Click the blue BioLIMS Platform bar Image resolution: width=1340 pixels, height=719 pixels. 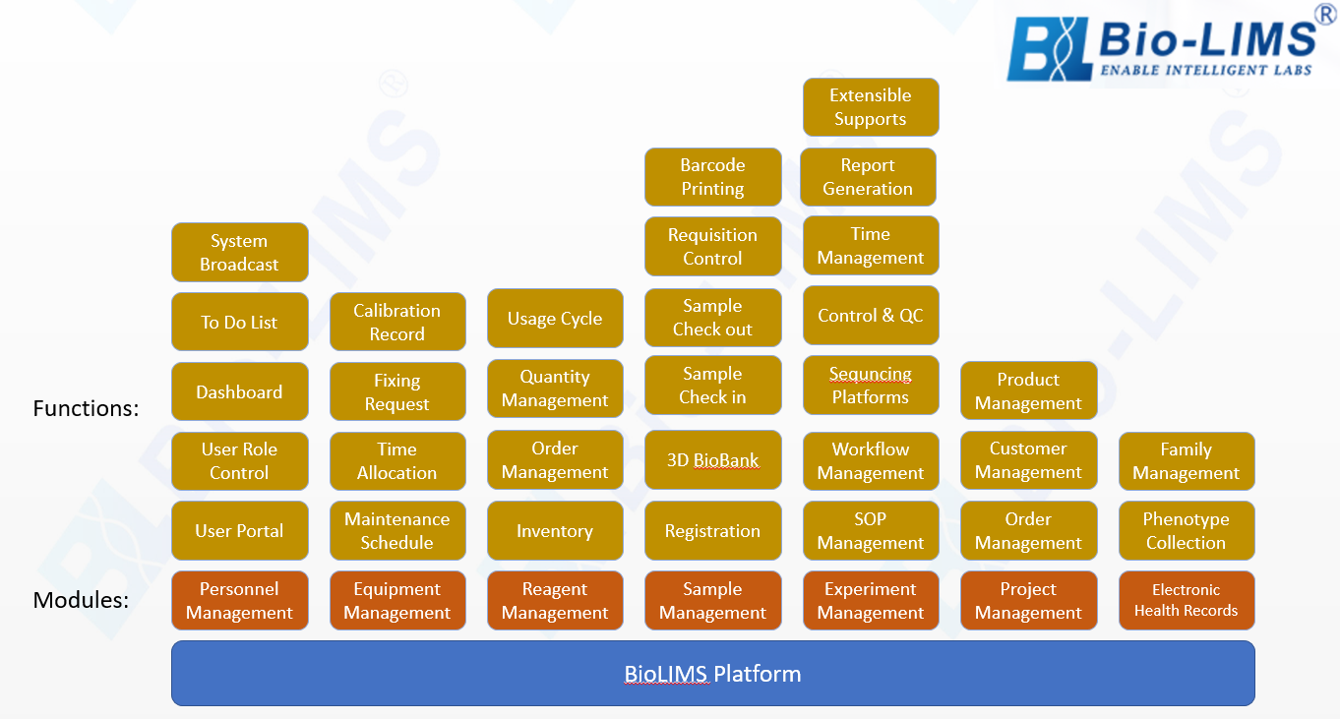(x=713, y=674)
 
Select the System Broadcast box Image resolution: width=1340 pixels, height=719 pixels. (x=240, y=253)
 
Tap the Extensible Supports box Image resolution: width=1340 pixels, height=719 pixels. (x=871, y=107)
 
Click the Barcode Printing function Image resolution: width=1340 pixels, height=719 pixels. (x=713, y=177)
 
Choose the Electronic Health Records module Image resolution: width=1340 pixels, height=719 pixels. (x=1187, y=600)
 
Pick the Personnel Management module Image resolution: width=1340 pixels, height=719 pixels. (x=240, y=601)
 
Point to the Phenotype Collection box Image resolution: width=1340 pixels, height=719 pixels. (x=1187, y=530)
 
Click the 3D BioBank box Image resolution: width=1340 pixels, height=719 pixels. (x=713, y=460)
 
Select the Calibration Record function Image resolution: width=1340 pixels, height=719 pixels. (x=397, y=322)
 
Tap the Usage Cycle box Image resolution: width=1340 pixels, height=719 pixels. (x=555, y=319)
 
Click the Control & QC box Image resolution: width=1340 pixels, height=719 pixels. (x=871, y=315)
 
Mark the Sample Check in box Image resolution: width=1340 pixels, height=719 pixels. (x=713, y=386)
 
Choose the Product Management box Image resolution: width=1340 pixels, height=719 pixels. (x=1029, y=390)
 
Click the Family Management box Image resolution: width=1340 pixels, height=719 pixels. (x=1187, y=461)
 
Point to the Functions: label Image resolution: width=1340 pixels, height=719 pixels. (x=86, y=408)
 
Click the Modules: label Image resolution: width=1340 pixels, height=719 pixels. (x=81, y=600)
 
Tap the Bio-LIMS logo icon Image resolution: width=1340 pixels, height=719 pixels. (x=1047, y=49)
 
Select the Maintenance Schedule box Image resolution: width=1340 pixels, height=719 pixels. (x=397, y=530)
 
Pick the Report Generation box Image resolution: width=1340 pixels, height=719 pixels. (x=868, y=177)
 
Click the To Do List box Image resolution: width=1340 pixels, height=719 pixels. (x=240, y=322)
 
